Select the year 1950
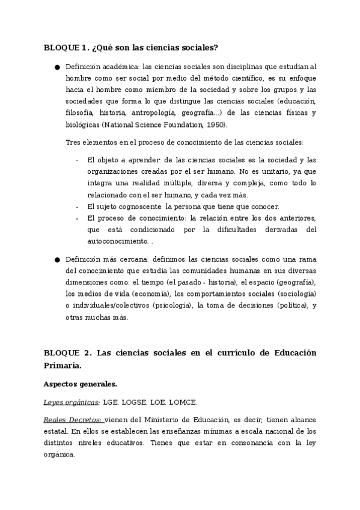[216, 125]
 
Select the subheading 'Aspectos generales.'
[81, 384]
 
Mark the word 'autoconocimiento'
[117, 241]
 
